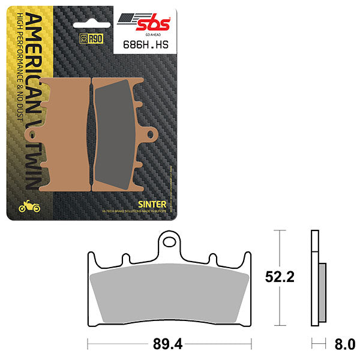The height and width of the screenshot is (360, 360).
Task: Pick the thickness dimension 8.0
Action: click(344, 344)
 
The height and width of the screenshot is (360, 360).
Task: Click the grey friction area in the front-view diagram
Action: click(169, 297)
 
